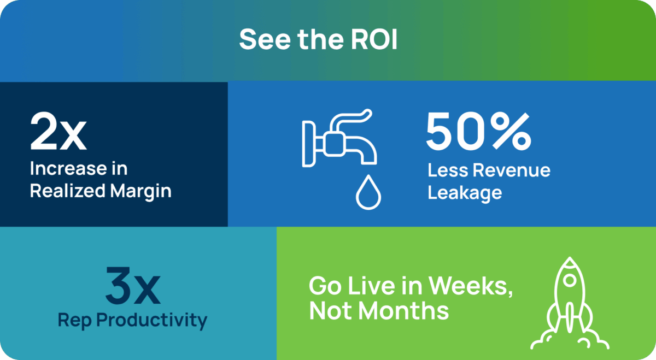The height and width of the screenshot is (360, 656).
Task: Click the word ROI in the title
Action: point(374,39)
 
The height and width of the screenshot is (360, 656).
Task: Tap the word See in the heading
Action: point(265,39)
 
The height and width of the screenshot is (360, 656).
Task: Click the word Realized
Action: point(68,191)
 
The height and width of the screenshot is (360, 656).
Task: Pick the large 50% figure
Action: point(478,132)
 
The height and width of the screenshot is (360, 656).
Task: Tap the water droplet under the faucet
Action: point(368,192)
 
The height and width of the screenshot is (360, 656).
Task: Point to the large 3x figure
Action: point(133,286)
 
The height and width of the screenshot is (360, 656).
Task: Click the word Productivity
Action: point(152,321)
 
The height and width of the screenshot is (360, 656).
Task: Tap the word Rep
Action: point(75,321)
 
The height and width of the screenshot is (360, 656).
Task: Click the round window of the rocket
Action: point(570,280)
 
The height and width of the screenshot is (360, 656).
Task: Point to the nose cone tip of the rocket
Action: point(570,257)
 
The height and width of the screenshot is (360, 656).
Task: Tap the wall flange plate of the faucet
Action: point(308,144)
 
